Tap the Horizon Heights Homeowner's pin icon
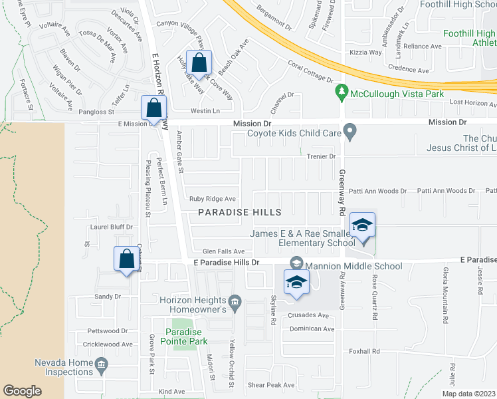click(233, 301)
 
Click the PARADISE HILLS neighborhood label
click(240, 212)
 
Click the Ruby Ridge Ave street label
click(213, 199)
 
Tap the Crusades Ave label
click(308, 315)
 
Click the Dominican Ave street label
click(311, 329)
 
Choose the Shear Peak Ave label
click(270, 385)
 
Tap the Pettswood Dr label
click(107, 331)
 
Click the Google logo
click(22, 390)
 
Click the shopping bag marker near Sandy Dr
click(126, 259)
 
